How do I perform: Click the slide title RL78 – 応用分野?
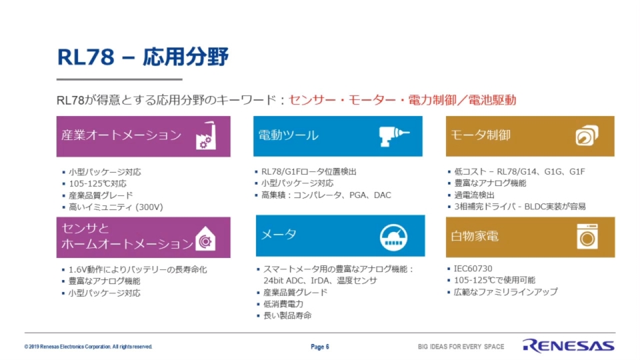[x=143, y=58]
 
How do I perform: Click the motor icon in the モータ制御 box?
[x=587, y=136]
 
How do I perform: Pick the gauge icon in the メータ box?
[x=394, y=237]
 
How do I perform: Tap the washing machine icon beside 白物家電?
[x=587, y=237]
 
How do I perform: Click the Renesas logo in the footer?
[x=569, y=346]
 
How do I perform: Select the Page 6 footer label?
[x=320, y=347]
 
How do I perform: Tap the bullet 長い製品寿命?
[x=287, y=315]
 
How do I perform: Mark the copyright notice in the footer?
[x=89, y=347]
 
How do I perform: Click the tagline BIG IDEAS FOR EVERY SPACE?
[x=461, y=347]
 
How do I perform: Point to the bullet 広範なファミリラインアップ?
[x=505, y=292]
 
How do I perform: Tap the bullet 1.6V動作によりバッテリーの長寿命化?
[x=138, y=269]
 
